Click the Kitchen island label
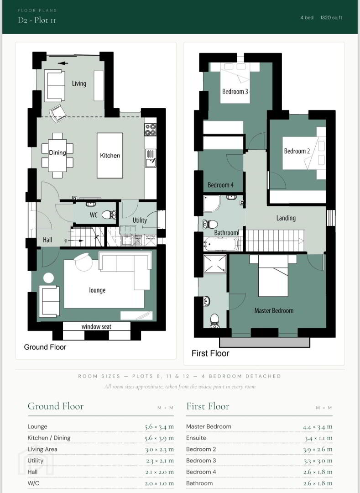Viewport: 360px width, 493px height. click(110, 155)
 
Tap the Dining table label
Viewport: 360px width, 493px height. click(57, 153)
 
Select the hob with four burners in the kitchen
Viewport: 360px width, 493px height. click(150, 129)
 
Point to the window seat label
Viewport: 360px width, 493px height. click(96, 327)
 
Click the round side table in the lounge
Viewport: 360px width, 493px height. click(48, 278)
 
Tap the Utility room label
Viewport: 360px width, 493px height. click(140, 220)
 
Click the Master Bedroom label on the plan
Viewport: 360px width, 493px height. click(274, 311)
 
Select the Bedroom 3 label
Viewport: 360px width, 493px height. click(235, 91)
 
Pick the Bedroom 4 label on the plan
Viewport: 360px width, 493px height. click(220, 185)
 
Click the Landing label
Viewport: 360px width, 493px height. click(286, 218)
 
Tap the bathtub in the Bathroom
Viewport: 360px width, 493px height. click(221, 244)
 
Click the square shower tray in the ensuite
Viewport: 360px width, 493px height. click(215, 263)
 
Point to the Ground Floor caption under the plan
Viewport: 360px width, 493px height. click(45, 347)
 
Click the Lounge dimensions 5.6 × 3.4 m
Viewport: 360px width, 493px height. click(159, 427)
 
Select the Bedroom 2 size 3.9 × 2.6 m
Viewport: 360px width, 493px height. click(318, 449)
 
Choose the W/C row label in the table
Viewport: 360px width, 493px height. click(33, 483)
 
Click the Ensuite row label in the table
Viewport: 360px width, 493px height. click(196, 438)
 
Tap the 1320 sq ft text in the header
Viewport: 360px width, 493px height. click(331, 18)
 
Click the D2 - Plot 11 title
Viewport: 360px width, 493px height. click(37, 20)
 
